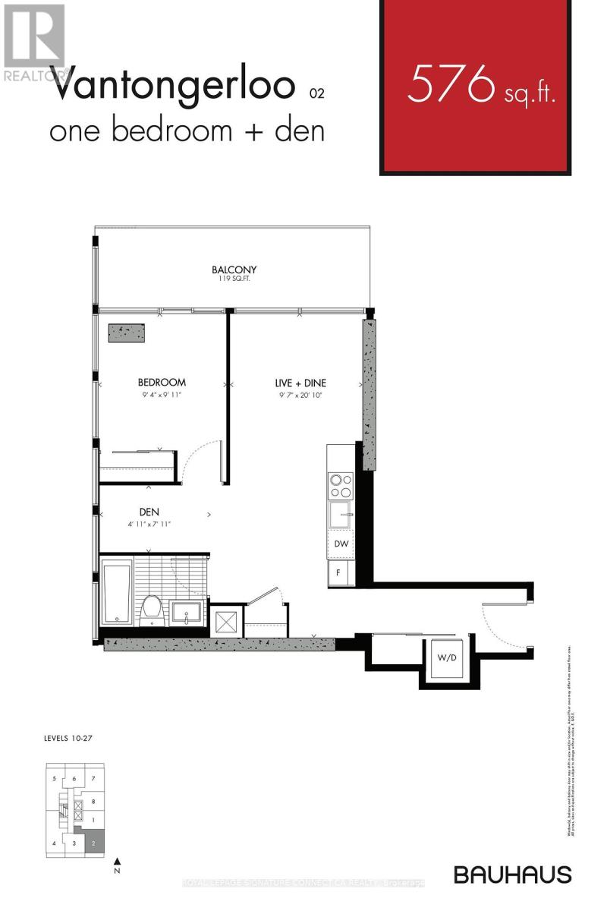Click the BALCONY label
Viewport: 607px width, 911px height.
coord(234,270)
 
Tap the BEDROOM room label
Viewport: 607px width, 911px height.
coord(162,383)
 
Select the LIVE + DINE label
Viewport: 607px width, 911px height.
coord(300,383)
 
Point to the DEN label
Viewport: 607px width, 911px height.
coord(149,512)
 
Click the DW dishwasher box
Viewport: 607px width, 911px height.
coord(341,544)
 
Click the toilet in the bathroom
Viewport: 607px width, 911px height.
coord(152,609)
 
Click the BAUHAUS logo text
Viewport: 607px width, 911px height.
coord(512,874)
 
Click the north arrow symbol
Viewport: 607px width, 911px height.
coord(117,862)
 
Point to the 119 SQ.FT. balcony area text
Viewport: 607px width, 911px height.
coord(234,279)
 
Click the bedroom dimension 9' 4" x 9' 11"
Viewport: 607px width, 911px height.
coord(162,395)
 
